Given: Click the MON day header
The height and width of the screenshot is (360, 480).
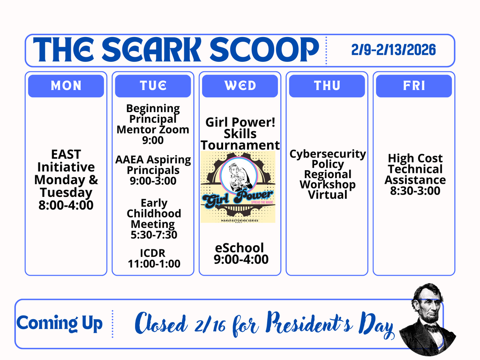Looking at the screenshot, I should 66,86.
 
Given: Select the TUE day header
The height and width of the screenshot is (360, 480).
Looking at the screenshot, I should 153,86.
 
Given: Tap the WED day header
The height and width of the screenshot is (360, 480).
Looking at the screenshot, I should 240,86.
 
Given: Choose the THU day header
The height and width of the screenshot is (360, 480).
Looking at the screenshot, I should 327,86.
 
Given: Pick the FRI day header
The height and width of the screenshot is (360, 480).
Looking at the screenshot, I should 414,86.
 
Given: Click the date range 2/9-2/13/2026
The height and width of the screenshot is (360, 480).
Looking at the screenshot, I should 393,50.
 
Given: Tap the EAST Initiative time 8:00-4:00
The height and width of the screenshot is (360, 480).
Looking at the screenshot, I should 66,205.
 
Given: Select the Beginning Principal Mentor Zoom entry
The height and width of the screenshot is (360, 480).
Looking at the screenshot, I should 153,124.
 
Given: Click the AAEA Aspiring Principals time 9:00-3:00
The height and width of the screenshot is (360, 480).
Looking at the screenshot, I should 153,181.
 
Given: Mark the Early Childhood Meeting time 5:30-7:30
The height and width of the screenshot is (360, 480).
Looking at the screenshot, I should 154,235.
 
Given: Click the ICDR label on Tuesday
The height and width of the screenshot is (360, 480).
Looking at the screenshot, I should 154,254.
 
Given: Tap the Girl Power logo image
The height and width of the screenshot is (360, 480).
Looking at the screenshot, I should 238,187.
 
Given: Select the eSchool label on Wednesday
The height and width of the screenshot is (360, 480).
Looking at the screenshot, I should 240,247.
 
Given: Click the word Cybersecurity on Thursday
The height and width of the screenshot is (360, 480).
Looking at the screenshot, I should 327,154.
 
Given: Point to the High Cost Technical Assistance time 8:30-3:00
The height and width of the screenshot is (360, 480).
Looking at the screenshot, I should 415,191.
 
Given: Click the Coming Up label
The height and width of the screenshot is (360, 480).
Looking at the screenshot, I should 60,323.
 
